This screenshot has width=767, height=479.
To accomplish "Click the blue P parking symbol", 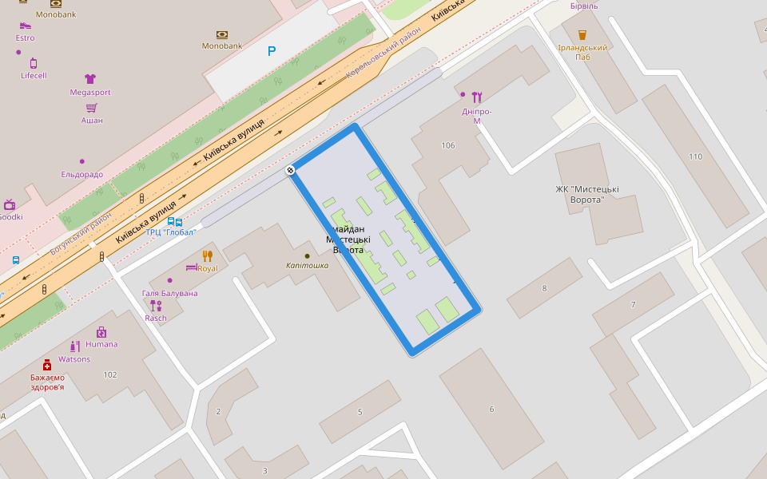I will coord(272,51).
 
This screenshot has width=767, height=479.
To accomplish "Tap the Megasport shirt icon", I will coord(90,79).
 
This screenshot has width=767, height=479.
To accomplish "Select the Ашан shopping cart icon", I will coord(92,108).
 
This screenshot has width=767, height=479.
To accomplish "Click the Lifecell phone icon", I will coord(34,63).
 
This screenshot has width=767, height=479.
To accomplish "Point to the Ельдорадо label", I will coord(82,174).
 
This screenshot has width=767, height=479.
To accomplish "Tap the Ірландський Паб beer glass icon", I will coord(582,35).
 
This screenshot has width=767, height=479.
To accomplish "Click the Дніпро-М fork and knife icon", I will coord(477,97).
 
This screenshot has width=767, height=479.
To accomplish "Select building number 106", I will coord(447,145).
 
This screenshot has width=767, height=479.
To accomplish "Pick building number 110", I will coord(695,156).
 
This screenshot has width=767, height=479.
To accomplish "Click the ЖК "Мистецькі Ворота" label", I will coord(587,194).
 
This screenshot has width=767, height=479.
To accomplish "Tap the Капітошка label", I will coord(308,266).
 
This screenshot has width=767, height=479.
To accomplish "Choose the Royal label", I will coord(208,268).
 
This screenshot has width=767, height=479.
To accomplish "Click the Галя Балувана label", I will coord(169,293).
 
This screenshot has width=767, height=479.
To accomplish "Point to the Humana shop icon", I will coord(101,332).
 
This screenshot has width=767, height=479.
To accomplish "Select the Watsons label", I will coord(74,359).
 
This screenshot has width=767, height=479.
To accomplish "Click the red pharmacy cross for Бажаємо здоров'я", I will coord(47,365).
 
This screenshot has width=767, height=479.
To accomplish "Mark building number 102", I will coord(110,374).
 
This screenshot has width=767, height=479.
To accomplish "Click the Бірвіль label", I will coord(584,6).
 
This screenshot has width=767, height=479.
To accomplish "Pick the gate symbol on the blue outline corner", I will coord(291,170).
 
